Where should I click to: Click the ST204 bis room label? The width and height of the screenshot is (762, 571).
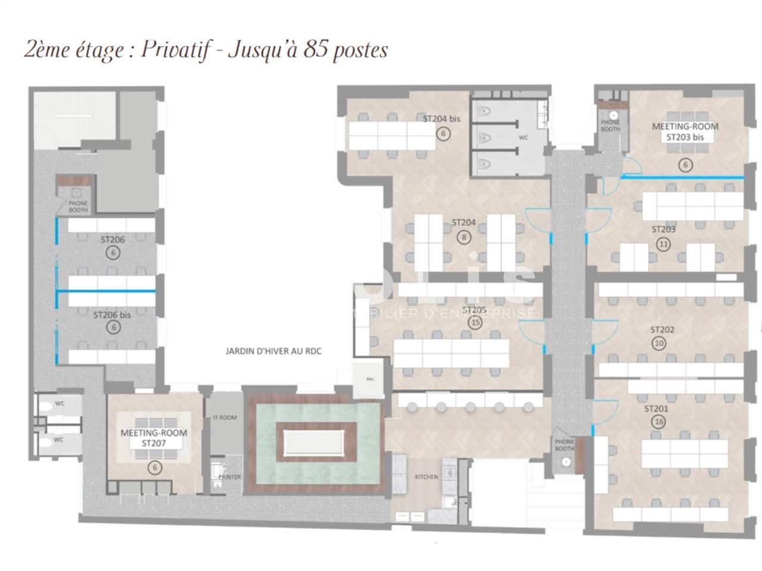tap(441, 119)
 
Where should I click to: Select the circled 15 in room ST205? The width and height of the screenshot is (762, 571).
tap(474, 323)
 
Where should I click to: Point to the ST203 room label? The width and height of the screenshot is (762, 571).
tap(663, 229)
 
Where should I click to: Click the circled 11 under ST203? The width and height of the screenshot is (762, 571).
tap(663, 243)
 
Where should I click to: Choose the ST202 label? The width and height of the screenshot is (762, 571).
tap(662, 330)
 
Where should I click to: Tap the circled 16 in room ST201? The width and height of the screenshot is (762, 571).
tap(658, 422)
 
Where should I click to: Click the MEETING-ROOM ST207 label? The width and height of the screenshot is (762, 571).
tap(154, 438)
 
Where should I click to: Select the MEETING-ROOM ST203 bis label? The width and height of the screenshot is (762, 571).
tap(685, 131)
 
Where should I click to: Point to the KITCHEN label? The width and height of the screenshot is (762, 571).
tap(426, 477)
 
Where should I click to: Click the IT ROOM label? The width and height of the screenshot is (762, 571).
tap(224, 418)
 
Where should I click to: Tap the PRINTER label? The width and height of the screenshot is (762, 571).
tap(230, 477)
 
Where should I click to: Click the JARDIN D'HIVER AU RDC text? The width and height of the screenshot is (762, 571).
tap(273, 352)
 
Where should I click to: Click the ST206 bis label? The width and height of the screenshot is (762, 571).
tap(111, 315)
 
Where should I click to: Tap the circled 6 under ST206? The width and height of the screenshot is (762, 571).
tap(112, 253)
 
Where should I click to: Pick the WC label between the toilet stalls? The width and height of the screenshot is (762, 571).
tap(523, 138)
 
